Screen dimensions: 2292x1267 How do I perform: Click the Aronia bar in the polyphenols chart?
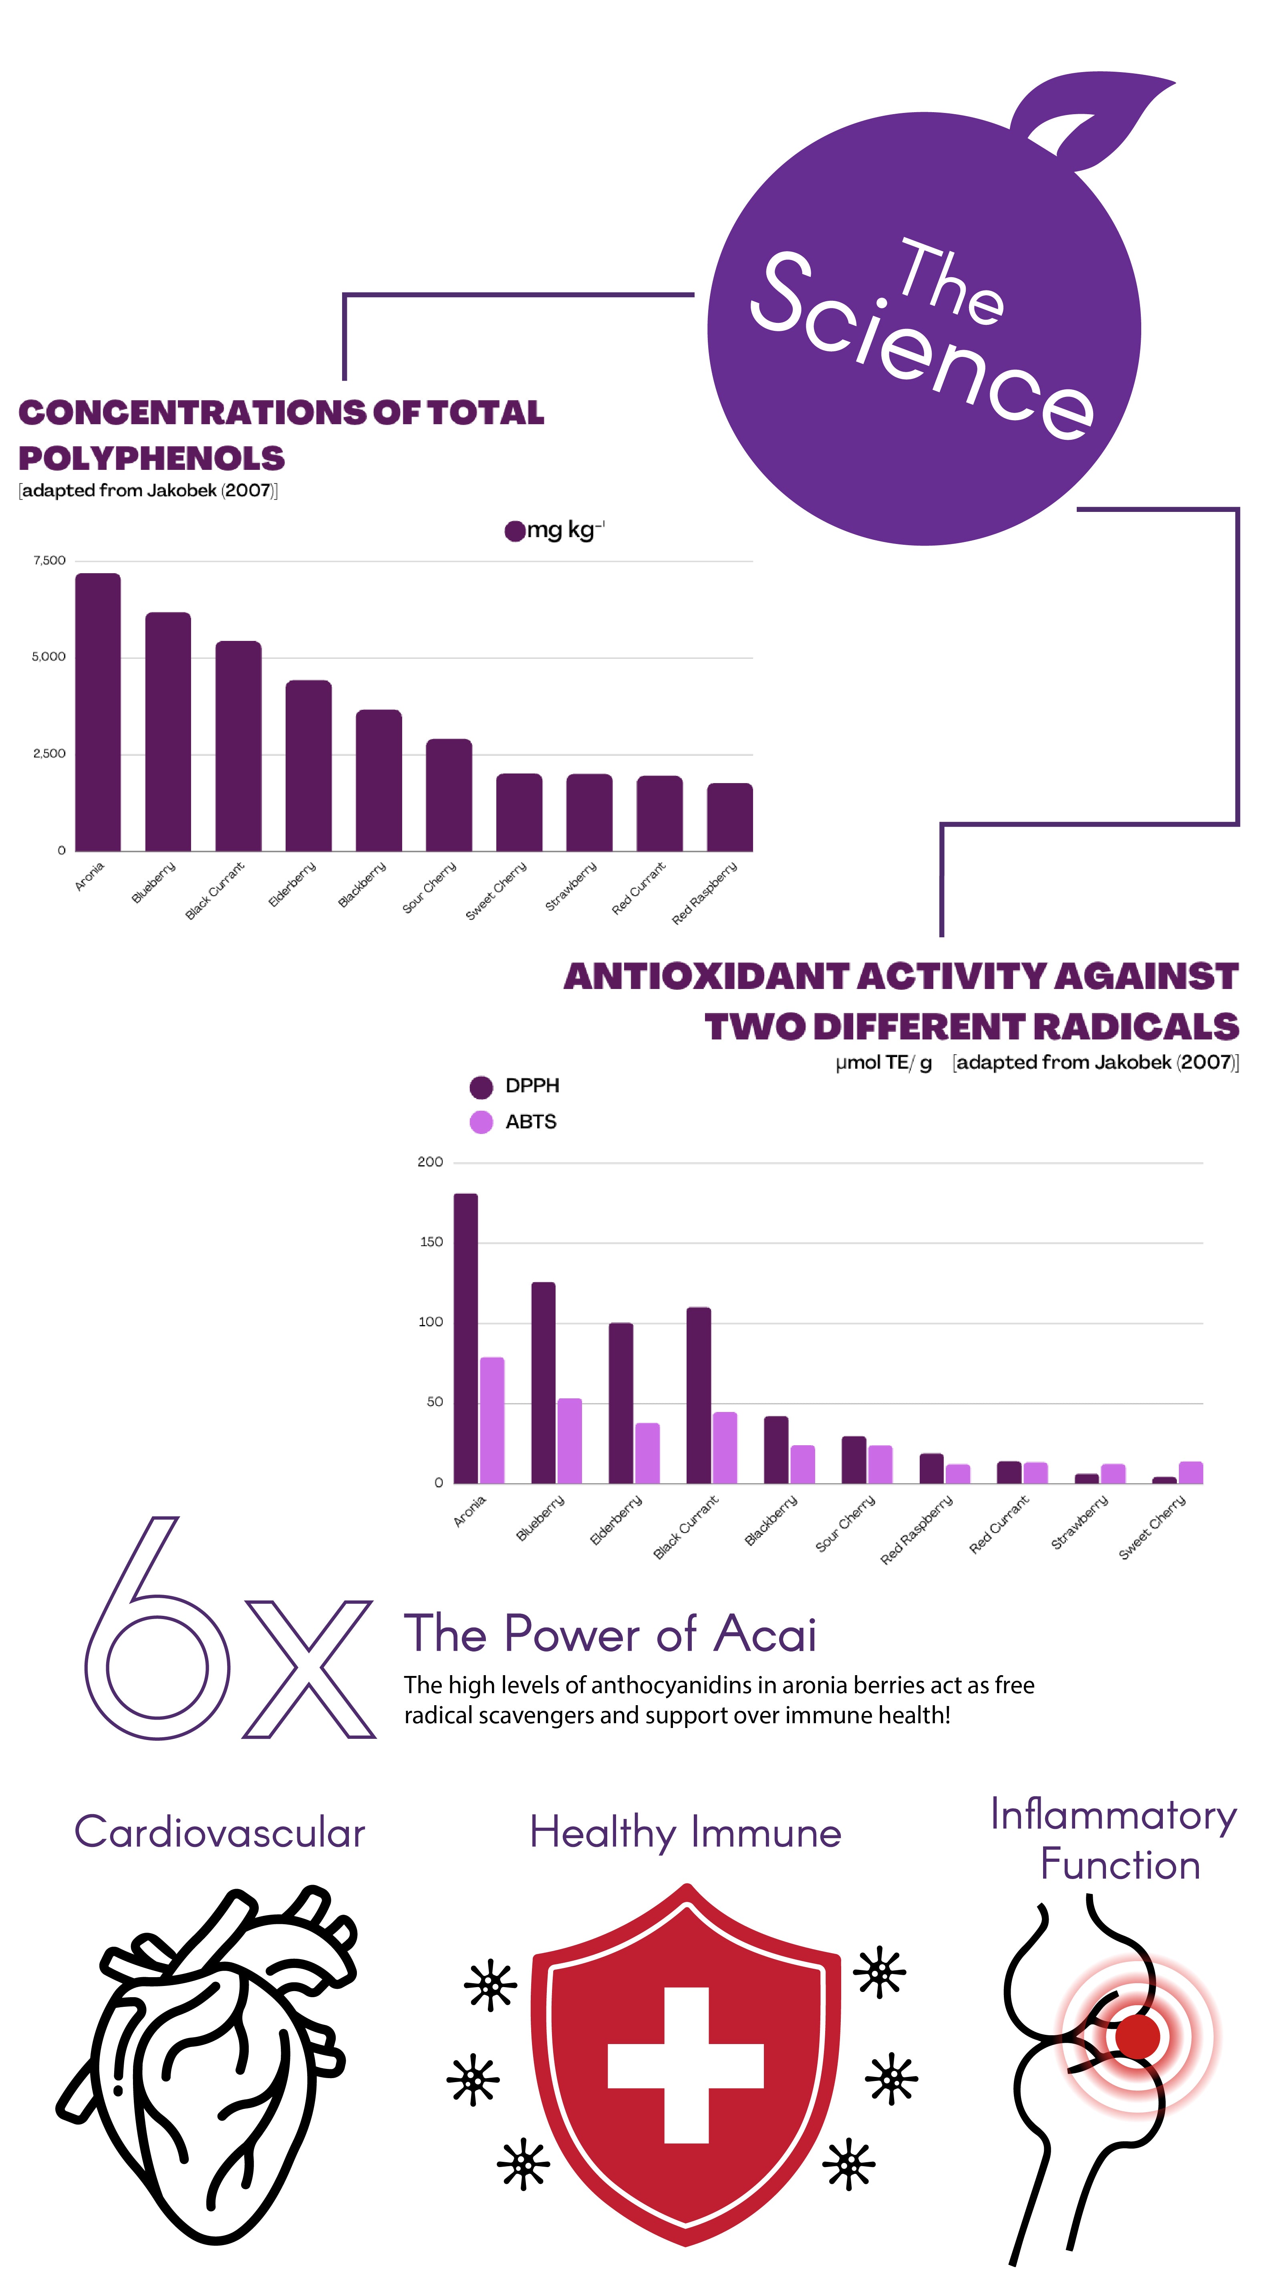point(98,712)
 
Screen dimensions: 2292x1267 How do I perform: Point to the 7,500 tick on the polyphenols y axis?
point(49,560)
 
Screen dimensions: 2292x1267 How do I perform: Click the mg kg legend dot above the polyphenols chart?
point(514,531)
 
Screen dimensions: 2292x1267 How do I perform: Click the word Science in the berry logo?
point(921,347)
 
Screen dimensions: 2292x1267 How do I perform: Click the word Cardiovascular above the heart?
point(220,1833)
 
